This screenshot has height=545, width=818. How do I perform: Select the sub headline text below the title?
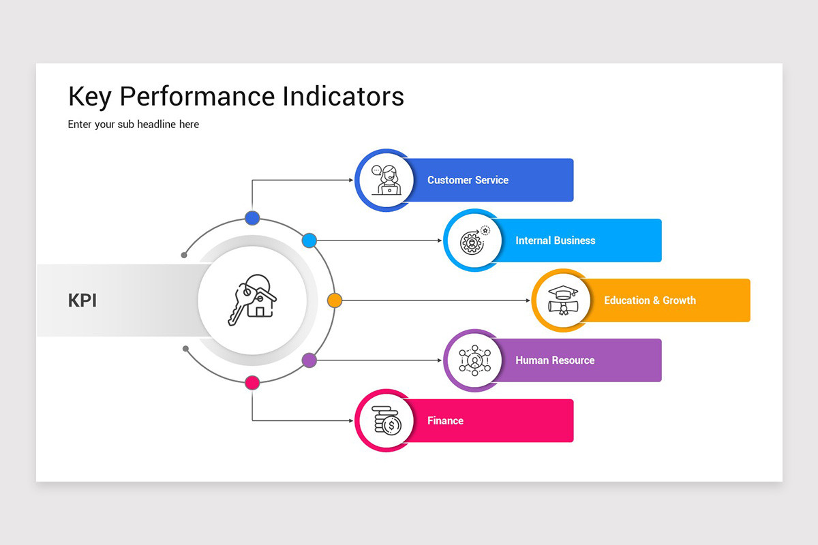[x=134, y=124]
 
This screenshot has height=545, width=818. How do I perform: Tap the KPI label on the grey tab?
[x=82, y=300]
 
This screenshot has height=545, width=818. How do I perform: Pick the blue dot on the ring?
[x=252, y=218]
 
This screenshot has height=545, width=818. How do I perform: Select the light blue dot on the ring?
[x=309, y=240]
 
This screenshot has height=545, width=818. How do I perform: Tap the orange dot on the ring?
[x=334, y=300]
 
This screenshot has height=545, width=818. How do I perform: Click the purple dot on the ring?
[x=309, y=360]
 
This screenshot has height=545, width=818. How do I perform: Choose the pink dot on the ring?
[x=252, y=382]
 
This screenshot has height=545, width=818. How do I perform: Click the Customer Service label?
[x=468, y=180]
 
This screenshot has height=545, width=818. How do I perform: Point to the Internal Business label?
[x=555, y=240]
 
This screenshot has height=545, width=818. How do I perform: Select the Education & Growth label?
[x=650, y=300]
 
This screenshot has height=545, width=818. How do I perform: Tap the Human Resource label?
[x=555, y=360]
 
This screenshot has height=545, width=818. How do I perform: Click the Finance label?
[x=445, y=420]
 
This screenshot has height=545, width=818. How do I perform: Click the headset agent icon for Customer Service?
[x=387, y=180]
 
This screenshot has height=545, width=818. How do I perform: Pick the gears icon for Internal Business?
[x=474, y=240]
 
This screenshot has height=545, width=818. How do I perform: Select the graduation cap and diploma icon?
[x=562, y=300]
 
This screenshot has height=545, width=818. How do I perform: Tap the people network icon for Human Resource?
[x=474, y=360]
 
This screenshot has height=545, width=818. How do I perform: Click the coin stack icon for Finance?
[x=387, y=420]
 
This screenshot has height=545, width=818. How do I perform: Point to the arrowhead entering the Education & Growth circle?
[x=529, y=300]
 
